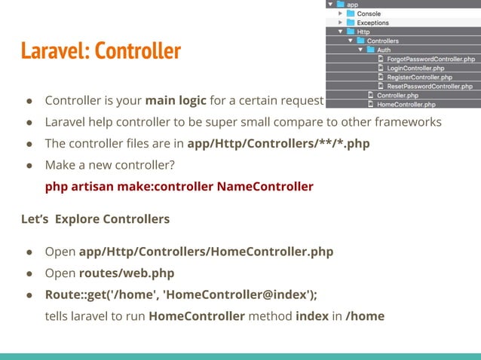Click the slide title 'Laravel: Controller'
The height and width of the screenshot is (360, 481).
coord(100,50)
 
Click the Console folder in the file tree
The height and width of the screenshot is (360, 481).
coord(368,14)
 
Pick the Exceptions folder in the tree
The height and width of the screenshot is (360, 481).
coord(372,23)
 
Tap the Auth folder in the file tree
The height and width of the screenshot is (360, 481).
coord(384,50)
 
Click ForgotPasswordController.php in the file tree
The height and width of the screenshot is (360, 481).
coord(430,59)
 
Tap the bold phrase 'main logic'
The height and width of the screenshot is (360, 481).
coord(176,101)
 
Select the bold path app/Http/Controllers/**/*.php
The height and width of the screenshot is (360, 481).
coord(278,144)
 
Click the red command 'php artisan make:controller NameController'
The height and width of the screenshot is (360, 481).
coord(179,186)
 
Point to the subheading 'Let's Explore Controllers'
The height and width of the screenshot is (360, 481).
coord(96,219)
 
